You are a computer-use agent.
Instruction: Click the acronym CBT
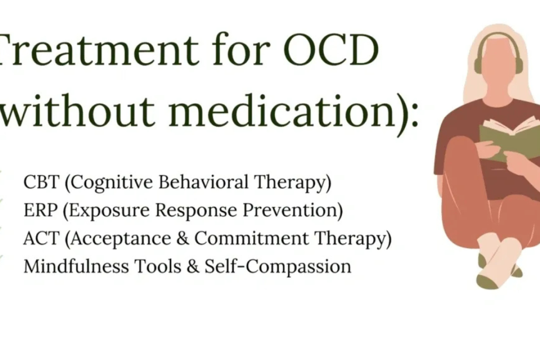coord(40,183)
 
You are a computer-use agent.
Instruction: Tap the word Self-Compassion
coord(278,266)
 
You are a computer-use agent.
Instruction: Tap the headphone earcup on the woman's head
coord(518,63)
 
